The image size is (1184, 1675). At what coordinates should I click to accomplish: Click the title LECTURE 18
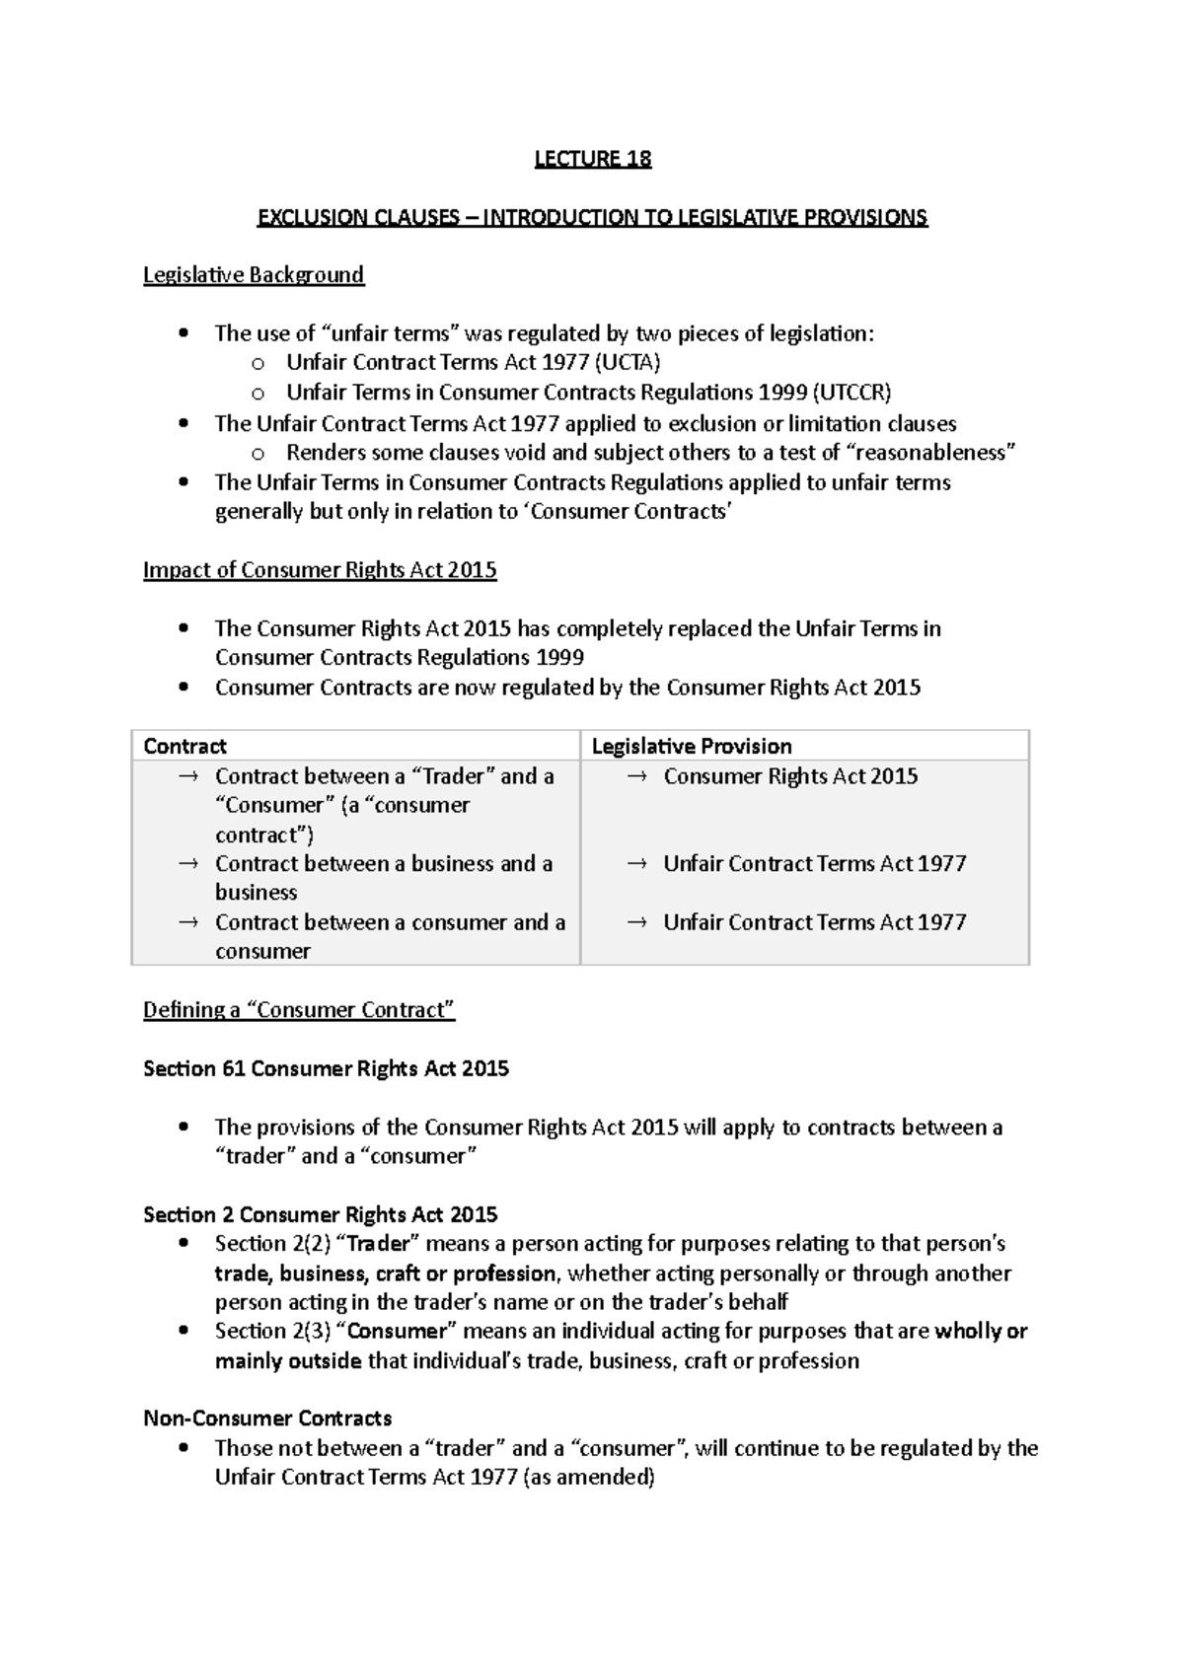tap(592, 159)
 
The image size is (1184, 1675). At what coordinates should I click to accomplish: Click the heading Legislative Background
tap(254, 275)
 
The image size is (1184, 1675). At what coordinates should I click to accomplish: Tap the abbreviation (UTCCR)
tap(851, 393)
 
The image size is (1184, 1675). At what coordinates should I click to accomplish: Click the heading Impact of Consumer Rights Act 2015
tap(320, 570)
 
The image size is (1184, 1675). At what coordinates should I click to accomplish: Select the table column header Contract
tap(185, 747)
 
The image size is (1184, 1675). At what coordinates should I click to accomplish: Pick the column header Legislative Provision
tap(691, 747)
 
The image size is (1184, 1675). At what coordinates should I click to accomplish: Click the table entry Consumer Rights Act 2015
tap(790, 776)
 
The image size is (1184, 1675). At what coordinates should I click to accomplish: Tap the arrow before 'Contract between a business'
tap(188, 864)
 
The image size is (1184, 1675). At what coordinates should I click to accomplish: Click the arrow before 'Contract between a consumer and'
tap(188, 922)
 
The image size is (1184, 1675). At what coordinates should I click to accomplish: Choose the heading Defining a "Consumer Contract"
tap(299, 1010)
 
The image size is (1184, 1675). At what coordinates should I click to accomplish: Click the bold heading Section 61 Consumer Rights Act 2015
tap(326, 1068)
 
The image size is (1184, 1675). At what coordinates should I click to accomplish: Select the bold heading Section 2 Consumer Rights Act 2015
tap(320, 1214)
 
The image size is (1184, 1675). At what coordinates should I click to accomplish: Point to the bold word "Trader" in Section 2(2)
tap(378, 1244)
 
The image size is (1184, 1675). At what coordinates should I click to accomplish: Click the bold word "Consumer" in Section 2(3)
tap(397, 1332)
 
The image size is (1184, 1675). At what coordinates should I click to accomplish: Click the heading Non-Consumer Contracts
tap(267, 1419)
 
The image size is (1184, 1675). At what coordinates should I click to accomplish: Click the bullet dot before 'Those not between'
tap(184, 1449)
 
